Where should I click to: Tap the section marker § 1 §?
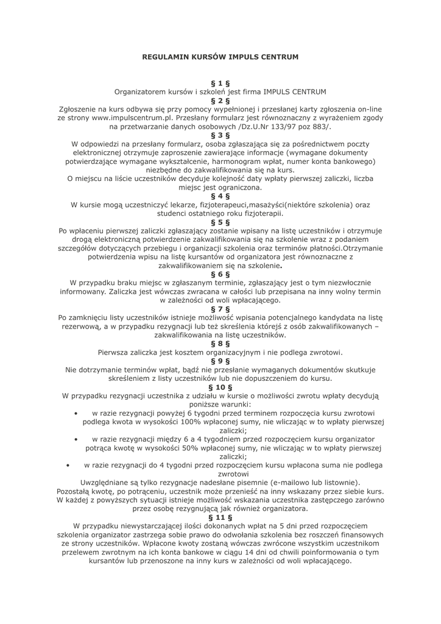[x=220, y=83]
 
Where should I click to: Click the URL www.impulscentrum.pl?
[x=131, y=118]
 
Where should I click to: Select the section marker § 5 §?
[x=220, y=222]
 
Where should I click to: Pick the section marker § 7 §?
[x=220, y=309]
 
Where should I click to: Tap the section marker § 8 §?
[x=220, y=344]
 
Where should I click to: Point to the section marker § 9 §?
[x=220, y=361]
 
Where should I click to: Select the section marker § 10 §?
[x=220, y=387]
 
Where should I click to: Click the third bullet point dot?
[x=66, y=465]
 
